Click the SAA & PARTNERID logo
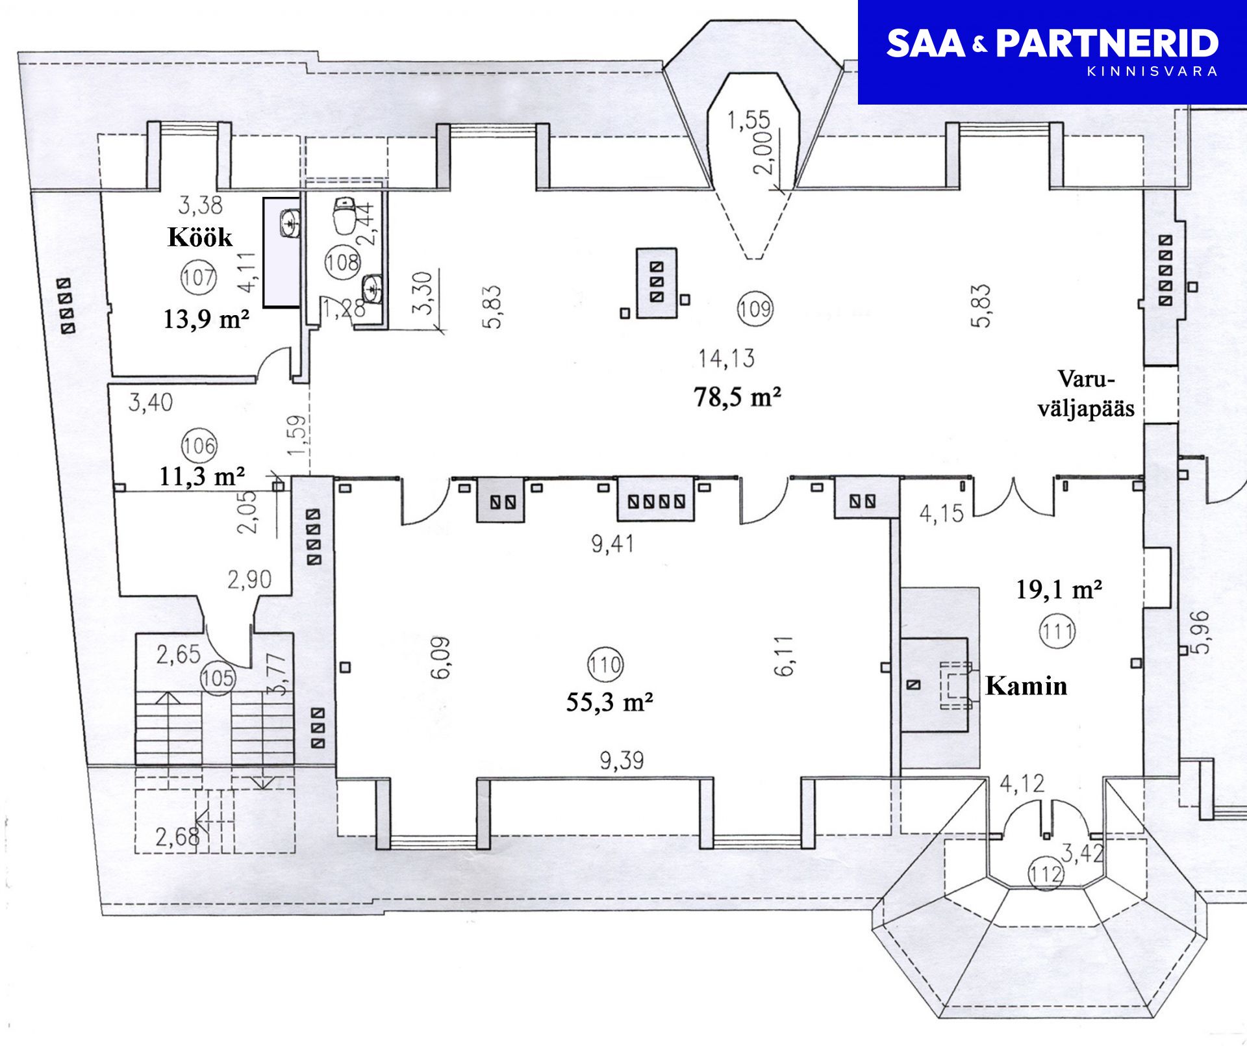coord(1052,52)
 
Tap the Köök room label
coord(200,237)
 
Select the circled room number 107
coord(198,277)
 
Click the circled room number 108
coord(342,262)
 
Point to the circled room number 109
coord(754,307)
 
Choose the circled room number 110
coord(605,664)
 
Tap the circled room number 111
coord(1057,630)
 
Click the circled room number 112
coord(1046,874)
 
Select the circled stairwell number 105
coord(217,678)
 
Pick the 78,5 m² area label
coord(737,396)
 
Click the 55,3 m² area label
coord(609,702)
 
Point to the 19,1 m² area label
coord(1059,589)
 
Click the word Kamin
coord(1026,686)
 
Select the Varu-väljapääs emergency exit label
coord(1086,393)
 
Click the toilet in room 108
coord(344,216)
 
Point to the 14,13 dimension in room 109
coord(726,358)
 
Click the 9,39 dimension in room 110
coord(622,759)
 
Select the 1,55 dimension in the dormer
coord(748,120)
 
